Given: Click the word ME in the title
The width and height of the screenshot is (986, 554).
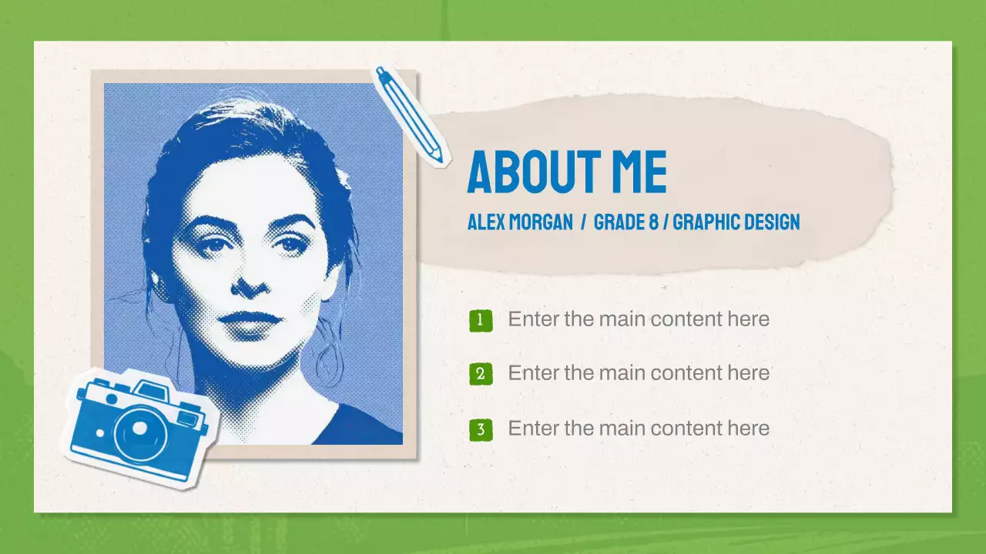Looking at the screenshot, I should pos(639,172).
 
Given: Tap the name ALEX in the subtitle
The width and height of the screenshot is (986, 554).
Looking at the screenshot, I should pos(488,222).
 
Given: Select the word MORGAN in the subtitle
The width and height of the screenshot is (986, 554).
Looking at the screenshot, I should pos(542,222).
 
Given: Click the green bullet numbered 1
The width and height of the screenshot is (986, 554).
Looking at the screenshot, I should pos(480,320).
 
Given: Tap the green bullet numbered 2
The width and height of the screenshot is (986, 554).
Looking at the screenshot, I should pos(480,374).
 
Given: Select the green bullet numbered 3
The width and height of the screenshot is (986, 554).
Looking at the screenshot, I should pos(480,429).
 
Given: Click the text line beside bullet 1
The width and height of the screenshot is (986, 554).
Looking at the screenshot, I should pos(639,319).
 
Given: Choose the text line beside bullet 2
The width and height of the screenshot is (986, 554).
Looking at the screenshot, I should pos(639,373).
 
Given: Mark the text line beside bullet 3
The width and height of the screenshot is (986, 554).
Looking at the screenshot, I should pos(639,429).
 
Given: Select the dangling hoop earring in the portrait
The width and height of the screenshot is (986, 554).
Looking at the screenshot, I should pos(330,362).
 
